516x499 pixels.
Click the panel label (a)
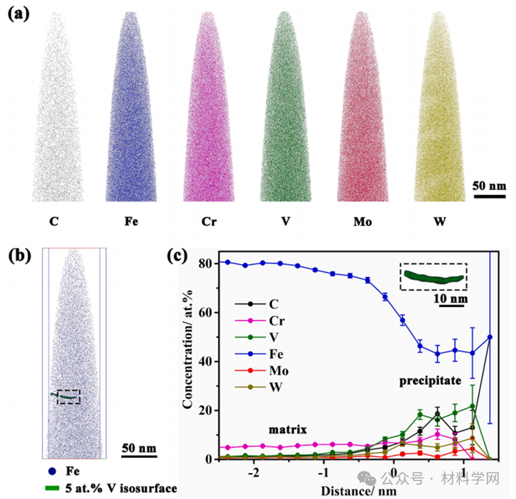pyautogui.click(x=19, y=13)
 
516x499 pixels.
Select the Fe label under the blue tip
pyautogui.click(x=132, y=222)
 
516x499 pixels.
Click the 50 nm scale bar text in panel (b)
pyautogui.click(x=138, y=447)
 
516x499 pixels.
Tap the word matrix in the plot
pyautogui.click(x=286, y=428)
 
